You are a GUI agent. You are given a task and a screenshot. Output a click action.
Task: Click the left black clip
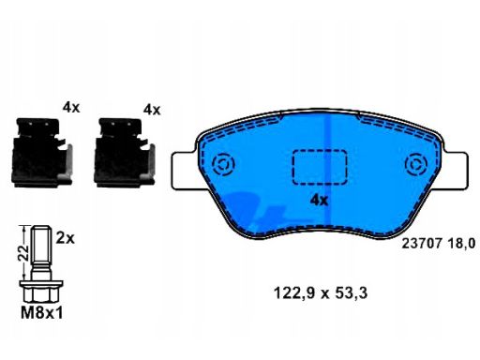click(x=42, y=153)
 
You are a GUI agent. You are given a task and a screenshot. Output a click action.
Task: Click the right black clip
click(x=125, y=153)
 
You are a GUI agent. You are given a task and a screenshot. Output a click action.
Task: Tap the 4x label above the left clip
click(x=71, y=108)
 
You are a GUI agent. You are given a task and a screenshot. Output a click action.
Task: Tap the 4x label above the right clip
click(x=152, y=110)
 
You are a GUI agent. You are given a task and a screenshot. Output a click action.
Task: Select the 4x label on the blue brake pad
click(x=319, y=201)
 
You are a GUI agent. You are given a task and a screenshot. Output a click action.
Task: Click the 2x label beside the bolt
click(x=66, y=239)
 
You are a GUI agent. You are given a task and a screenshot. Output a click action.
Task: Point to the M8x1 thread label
click(x=42, y=313)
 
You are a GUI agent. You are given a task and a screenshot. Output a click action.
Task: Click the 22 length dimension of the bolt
click(x=22, y=253)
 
